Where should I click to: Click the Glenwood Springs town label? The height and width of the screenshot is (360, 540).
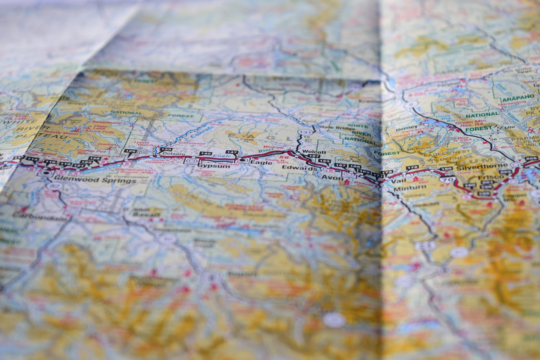click(x=95, y=181)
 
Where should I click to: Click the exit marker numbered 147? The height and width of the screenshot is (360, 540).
click(x=232, y=152)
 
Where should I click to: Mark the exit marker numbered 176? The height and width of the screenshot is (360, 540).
click(x=412, y=167)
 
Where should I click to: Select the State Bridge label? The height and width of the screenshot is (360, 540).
click(x=333, y=128)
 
